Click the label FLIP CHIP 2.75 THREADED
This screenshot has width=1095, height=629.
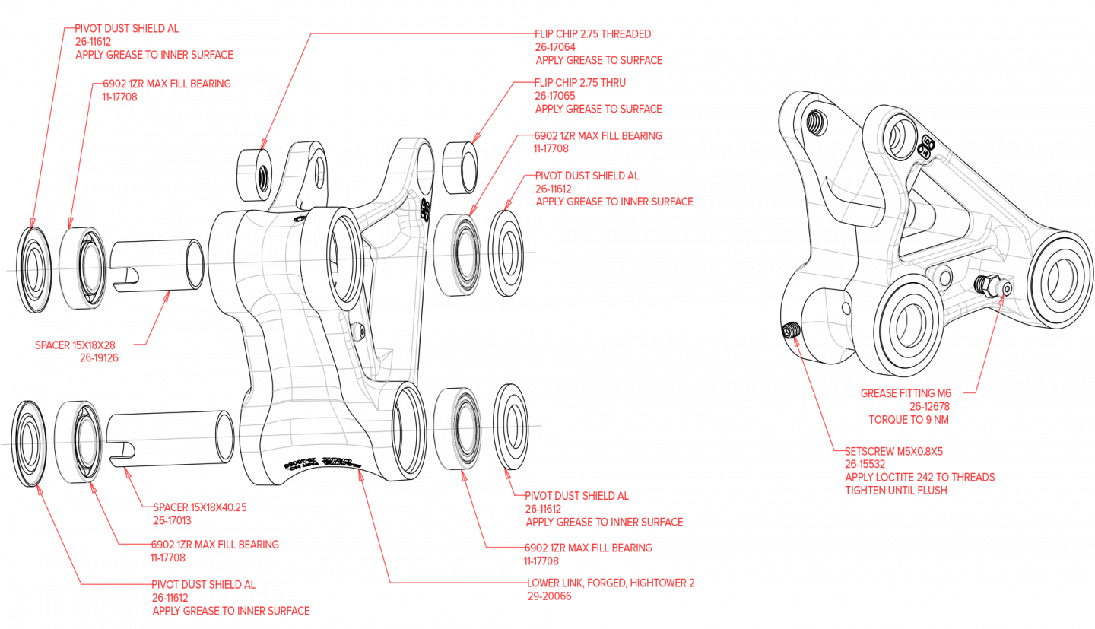(x=593, y=33)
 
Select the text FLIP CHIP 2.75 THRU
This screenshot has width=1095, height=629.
(x=580, y=82)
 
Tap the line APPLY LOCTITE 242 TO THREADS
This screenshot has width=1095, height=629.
(x=920, y=477)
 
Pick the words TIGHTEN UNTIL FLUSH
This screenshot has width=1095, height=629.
(x=896, y=490)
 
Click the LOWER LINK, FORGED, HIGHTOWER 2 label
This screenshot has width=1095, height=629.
(x=611, y=583)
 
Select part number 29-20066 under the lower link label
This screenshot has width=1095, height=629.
(x=549, y=596)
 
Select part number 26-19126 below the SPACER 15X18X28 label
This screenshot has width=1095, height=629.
(x=99, y=357)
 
